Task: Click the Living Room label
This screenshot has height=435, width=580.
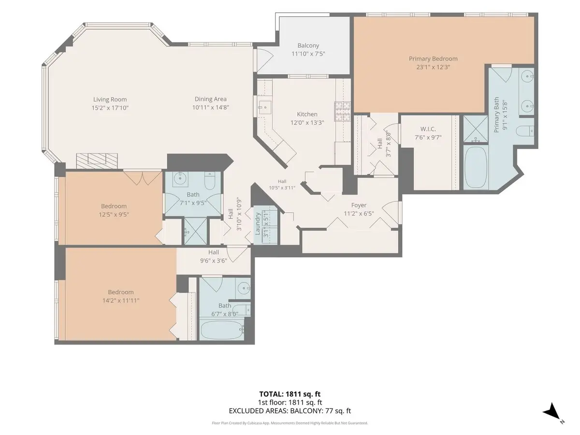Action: [x=110, y=100]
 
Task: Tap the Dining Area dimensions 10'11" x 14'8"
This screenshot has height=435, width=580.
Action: [x=211, y=107]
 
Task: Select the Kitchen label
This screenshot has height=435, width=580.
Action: [x=307, y=114]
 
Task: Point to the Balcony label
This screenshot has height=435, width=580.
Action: [x=308, y=45]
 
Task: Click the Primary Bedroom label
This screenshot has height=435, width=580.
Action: [x=433, y=58]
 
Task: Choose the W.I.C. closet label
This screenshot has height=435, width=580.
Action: [x=428, y=129]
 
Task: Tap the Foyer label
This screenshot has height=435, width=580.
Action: [x=359, y=205]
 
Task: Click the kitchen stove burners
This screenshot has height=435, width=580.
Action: [x=343, y=112]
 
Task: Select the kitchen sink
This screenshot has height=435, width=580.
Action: [x=265, y=107]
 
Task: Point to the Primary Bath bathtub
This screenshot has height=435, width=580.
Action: [x=476, y=167]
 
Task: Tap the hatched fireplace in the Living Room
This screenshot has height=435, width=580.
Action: [x=97, y=160]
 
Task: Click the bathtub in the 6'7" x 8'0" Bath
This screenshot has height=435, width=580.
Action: [x=222, y=330]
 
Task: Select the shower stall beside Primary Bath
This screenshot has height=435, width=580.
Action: [x=476, y=129]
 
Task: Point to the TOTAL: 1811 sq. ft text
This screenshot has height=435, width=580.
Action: [x=290, y=394]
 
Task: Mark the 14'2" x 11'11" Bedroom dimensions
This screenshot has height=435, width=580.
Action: [x=121, y=300]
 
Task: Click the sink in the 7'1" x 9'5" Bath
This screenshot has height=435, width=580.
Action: [x=180, y=179]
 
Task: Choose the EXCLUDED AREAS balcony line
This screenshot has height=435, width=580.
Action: [x=290, y=411]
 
